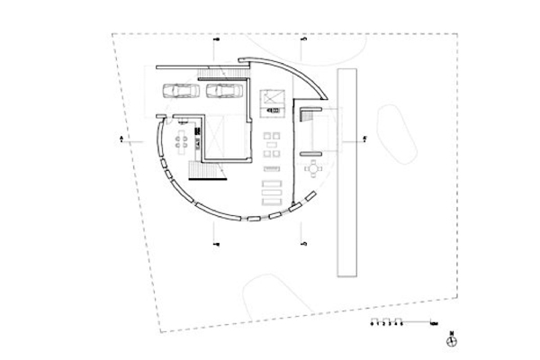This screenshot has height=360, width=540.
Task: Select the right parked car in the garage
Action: click(221, 90)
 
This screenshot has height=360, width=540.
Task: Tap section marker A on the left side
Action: click(120, 139)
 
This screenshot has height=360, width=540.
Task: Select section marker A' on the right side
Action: click(364, 139)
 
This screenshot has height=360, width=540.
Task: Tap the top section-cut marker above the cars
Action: click(216, 41)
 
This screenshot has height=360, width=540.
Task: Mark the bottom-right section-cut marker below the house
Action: click(304, 242)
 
